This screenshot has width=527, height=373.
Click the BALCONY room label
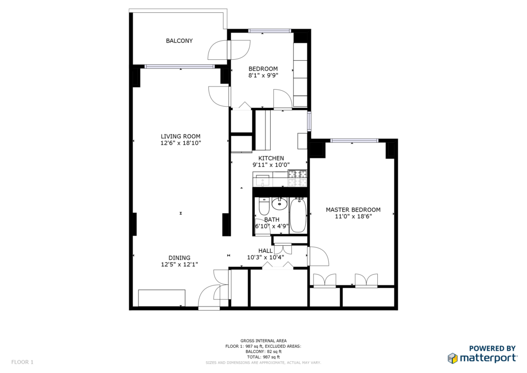tap(179, 41)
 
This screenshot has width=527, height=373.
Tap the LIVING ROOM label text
tap(181, 136)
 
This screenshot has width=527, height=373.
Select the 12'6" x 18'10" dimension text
tap(181, 143)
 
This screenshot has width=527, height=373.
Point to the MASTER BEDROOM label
tap(353, 210)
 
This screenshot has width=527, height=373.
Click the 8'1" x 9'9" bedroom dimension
tap(263, 75)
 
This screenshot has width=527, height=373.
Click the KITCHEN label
tap(271, 158)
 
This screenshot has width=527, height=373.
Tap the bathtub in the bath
tap(298, 215)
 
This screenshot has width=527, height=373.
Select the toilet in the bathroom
tap(264, 207)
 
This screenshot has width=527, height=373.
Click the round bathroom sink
tap(279, 203)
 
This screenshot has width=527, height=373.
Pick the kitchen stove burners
tap(298, 179)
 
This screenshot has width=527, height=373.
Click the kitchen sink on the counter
tap(262, 180)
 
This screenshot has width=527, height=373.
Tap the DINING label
tap(180, 258)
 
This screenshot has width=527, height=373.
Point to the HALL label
tap(266, 250)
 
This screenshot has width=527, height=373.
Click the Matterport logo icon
tap(452, 358)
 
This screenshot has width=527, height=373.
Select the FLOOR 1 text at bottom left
tap(22, 362)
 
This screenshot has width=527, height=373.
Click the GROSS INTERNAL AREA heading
tap(263, 341)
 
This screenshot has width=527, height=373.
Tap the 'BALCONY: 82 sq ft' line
tap(263, 351)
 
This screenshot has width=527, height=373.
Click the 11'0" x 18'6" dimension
tap(353, 216)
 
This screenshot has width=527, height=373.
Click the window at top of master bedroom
tap(355, 141)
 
